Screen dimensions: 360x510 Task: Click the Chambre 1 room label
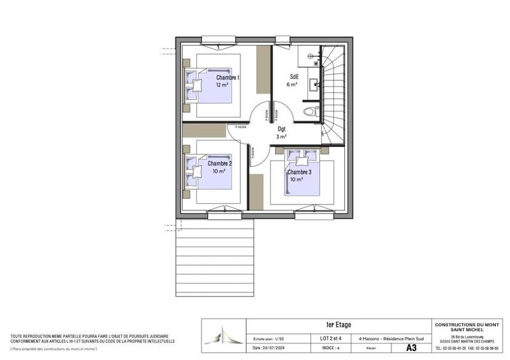pyautogui.click(x=228, y=77)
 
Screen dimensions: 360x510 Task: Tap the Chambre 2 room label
pyautogui.click(x=220, y=163)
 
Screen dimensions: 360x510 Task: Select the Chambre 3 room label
pyautogui.click(x=299, y=172)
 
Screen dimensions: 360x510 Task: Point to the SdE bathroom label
pyautogui.click(x=295, y=76)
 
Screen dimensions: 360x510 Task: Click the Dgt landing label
pyautogui.click(x=281, y=129)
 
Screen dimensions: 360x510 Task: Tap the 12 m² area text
pyautogui.click(x=222, y=85)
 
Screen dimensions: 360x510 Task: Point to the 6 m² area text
pyautogui.click(x=293, y=84)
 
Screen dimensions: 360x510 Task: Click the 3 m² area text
pyautogui.click(x=281, y=137)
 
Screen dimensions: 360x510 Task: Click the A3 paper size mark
pyautogui.click(x=412, y=348)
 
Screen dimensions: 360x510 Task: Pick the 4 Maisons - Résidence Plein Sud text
pyautogui.click(x=387, y=338)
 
